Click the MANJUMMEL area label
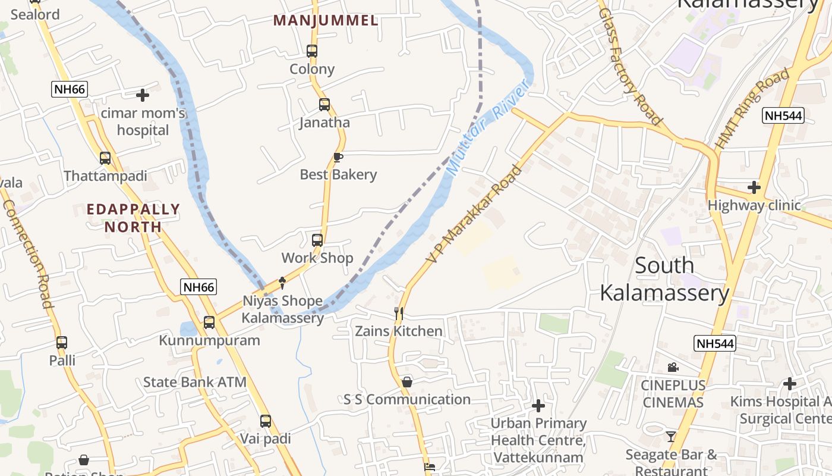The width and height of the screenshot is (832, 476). pos(326,21)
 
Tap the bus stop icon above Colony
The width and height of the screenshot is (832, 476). pos(312,51)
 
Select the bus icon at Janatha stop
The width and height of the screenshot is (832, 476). pos(324,105)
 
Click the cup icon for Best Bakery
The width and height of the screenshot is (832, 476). pos(338,157)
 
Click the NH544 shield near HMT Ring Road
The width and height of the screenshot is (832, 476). pos(783,115)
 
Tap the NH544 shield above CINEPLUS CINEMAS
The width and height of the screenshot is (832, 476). pos(715,343)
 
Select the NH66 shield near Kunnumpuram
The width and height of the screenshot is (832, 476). pos(198,287)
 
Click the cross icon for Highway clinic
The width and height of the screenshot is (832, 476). pos(754,187)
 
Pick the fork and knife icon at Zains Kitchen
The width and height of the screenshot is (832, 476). pos(399,313)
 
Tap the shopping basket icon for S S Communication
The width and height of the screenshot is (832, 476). pos(407,382)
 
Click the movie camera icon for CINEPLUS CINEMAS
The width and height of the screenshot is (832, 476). pos(673,367)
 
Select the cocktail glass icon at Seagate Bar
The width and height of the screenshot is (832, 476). pos(671,437)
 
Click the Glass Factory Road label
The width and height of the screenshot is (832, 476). pos(630,67)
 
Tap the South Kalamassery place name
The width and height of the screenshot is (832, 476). pos(664,279)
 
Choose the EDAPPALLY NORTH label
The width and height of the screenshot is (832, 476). pos(133,218)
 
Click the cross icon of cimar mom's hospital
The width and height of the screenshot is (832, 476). pos(143,95)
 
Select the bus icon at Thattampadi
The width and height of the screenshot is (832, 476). pos(105,158)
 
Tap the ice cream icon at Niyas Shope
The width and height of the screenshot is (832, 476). pos(282,283)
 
